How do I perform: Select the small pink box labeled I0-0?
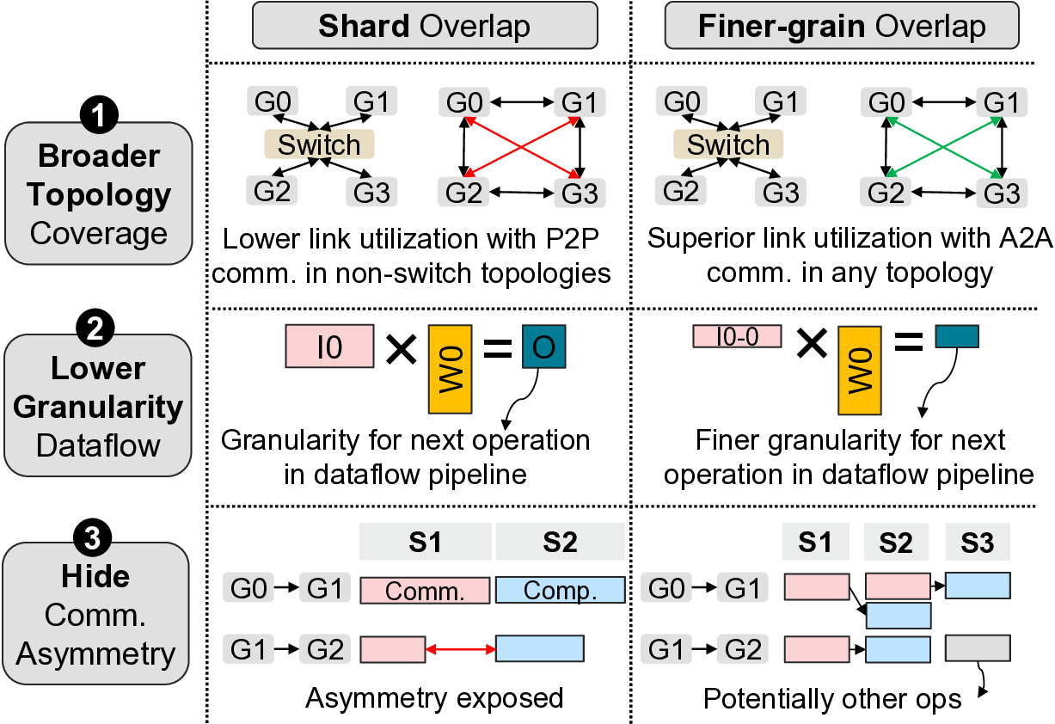737,336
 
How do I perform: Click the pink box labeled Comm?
425,590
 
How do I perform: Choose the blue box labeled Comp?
561,590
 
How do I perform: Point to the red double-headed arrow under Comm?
460,648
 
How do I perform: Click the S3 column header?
978,543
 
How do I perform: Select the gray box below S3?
978,647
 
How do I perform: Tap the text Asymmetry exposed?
435,698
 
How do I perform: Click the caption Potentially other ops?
832,699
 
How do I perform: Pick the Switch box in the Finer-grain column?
728,144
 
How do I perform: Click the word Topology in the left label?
97,194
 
